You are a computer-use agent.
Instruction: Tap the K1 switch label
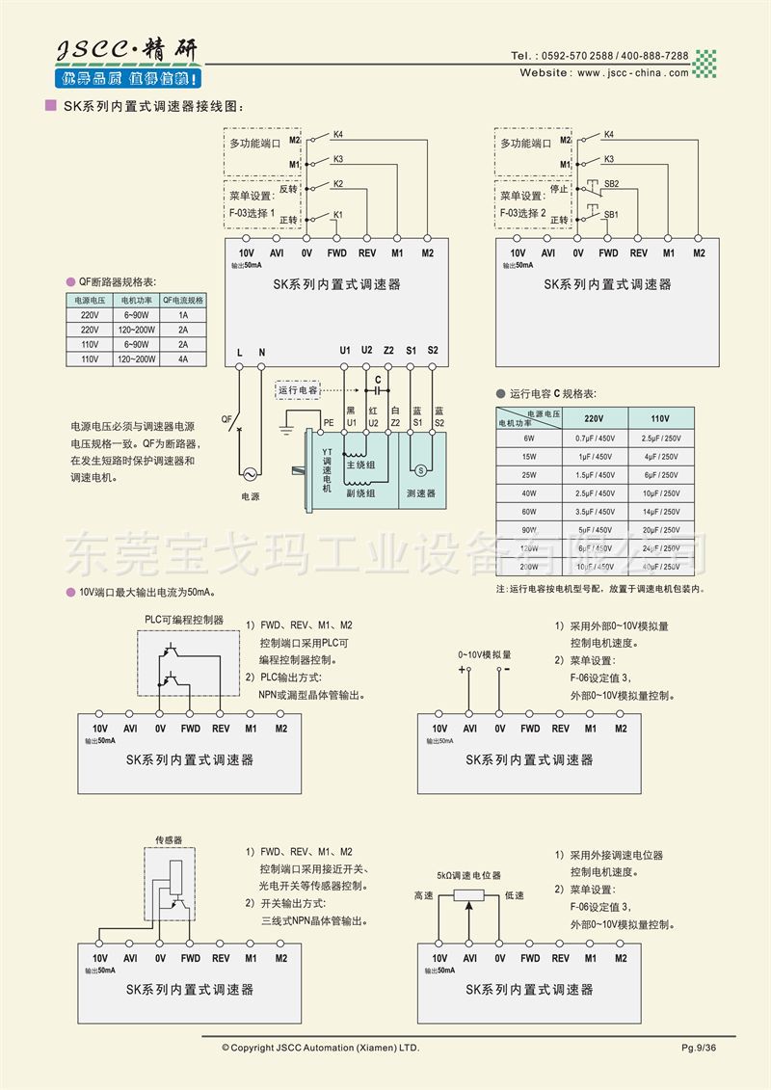click(x=338, y=214)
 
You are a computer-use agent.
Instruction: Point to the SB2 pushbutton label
click(x=611, y=183)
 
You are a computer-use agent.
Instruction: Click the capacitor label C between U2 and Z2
click(x=378, y=379)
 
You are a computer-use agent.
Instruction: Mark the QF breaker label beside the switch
click(x=226, y=419)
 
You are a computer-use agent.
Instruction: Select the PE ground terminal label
click(x=329, y=422)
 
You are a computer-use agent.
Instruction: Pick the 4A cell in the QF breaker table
click(x=183, y=359)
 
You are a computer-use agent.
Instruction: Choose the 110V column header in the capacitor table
click(x=659, y=418)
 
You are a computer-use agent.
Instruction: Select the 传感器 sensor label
click(x=169, y=840)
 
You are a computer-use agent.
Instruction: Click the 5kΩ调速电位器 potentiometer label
click(x=468, y=875)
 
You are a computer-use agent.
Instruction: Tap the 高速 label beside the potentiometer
click(x=423, y=895)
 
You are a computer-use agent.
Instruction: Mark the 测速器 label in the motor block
click(x=421, y=492)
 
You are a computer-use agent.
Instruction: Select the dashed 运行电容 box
click(x=298, y=390)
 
